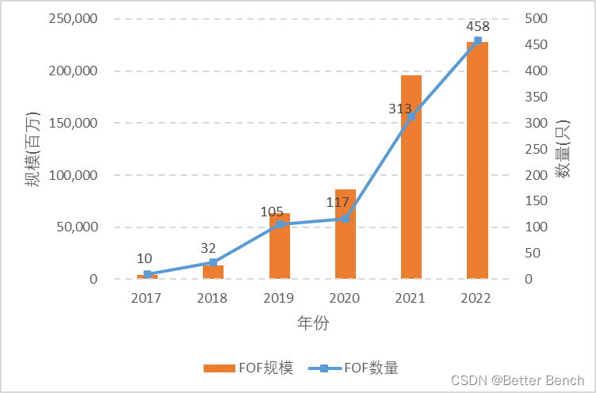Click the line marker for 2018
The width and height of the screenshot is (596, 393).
(213, 262)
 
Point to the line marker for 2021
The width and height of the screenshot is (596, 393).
(411, 116)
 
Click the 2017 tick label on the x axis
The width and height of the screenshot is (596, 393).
(147, 299)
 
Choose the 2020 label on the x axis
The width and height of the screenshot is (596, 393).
(345, 299)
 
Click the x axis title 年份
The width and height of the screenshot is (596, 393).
(312, 322)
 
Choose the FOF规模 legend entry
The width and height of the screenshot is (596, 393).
(248, 368)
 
